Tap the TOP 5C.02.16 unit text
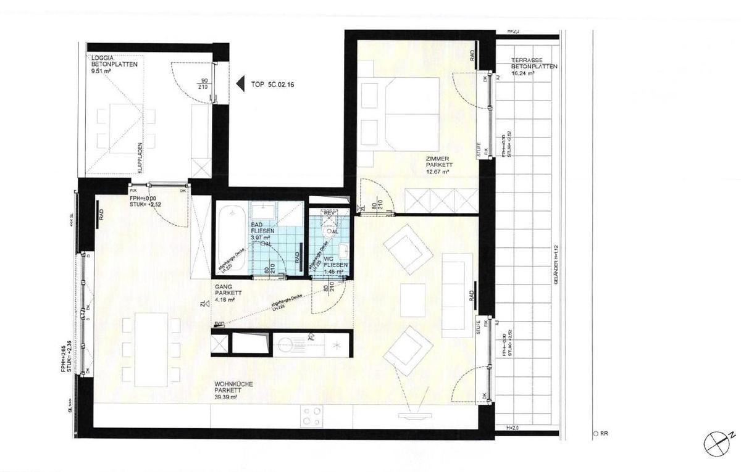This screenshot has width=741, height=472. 272,85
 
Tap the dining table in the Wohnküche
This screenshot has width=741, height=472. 151,349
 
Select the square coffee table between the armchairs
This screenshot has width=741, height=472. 413,300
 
